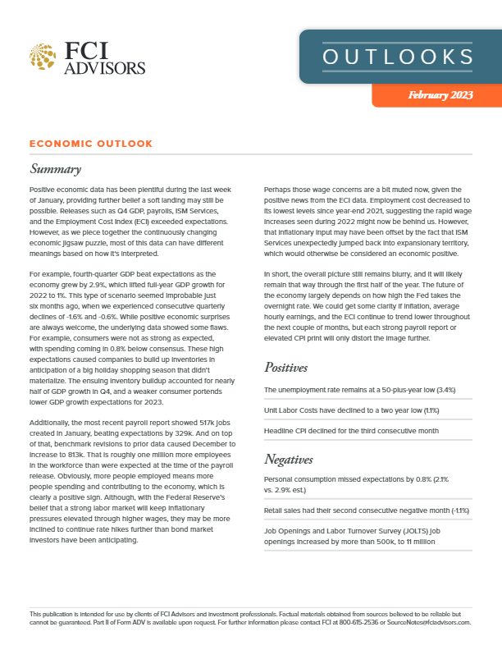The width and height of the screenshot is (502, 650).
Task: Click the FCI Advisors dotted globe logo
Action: [43, 57]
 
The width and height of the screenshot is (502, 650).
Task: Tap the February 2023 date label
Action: [440, 96]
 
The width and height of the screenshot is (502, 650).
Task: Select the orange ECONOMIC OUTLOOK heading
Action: [90, 144]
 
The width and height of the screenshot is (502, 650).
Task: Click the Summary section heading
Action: [55, 170]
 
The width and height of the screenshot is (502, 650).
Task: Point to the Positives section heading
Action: [291, 367]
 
